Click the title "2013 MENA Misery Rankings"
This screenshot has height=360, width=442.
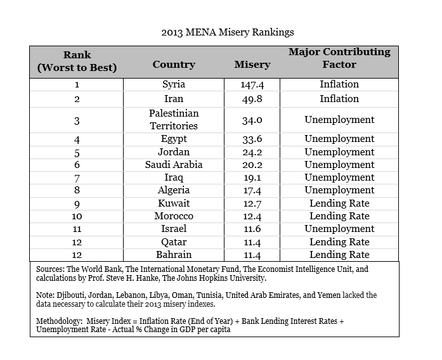[x=228, y=32]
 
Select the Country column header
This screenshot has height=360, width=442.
[x=174, y=65]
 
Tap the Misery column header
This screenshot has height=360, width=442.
[x=252, y=65]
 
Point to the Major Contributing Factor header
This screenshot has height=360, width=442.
[x=339, y=58]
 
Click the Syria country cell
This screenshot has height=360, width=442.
[x=174, y=84]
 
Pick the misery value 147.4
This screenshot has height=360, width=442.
[x=252, y=84]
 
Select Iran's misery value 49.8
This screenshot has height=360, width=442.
[x=252, y=99]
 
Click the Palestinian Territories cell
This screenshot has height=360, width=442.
[x=174, y=120]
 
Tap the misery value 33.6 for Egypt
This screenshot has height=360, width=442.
[x=252, y=139]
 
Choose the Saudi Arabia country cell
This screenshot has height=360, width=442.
[x=174, y=165]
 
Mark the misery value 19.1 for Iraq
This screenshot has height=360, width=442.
[x=252, y=177]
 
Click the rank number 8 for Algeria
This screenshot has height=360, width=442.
[x=77, y=190]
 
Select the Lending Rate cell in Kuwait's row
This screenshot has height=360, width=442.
[x=339, y=203]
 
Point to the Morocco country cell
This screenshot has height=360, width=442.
[x=174, y=216]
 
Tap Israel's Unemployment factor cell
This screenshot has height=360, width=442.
[x=339, y=229]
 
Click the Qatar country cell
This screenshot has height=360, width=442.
[x=174, y=242]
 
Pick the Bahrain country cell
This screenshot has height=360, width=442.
[x=174, y=255]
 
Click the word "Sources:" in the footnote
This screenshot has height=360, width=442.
[x=51, y=269]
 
